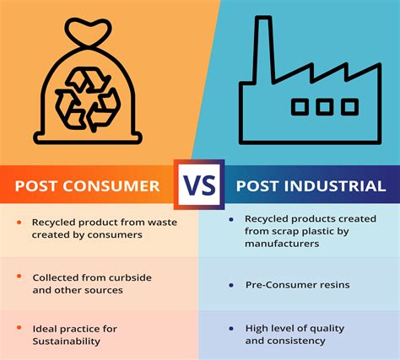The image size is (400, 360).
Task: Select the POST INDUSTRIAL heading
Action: (311, 185)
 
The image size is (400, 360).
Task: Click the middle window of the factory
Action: (325, 107)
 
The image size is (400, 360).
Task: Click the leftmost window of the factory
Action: (300, 107)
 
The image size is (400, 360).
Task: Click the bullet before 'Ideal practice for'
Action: (19, 328)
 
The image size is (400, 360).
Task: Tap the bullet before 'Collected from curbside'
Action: (19, 276)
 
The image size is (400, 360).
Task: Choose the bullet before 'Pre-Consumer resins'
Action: (231, 286)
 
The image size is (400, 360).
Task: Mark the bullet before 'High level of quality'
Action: (231, 328)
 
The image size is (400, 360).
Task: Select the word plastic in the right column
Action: (311, 232)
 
